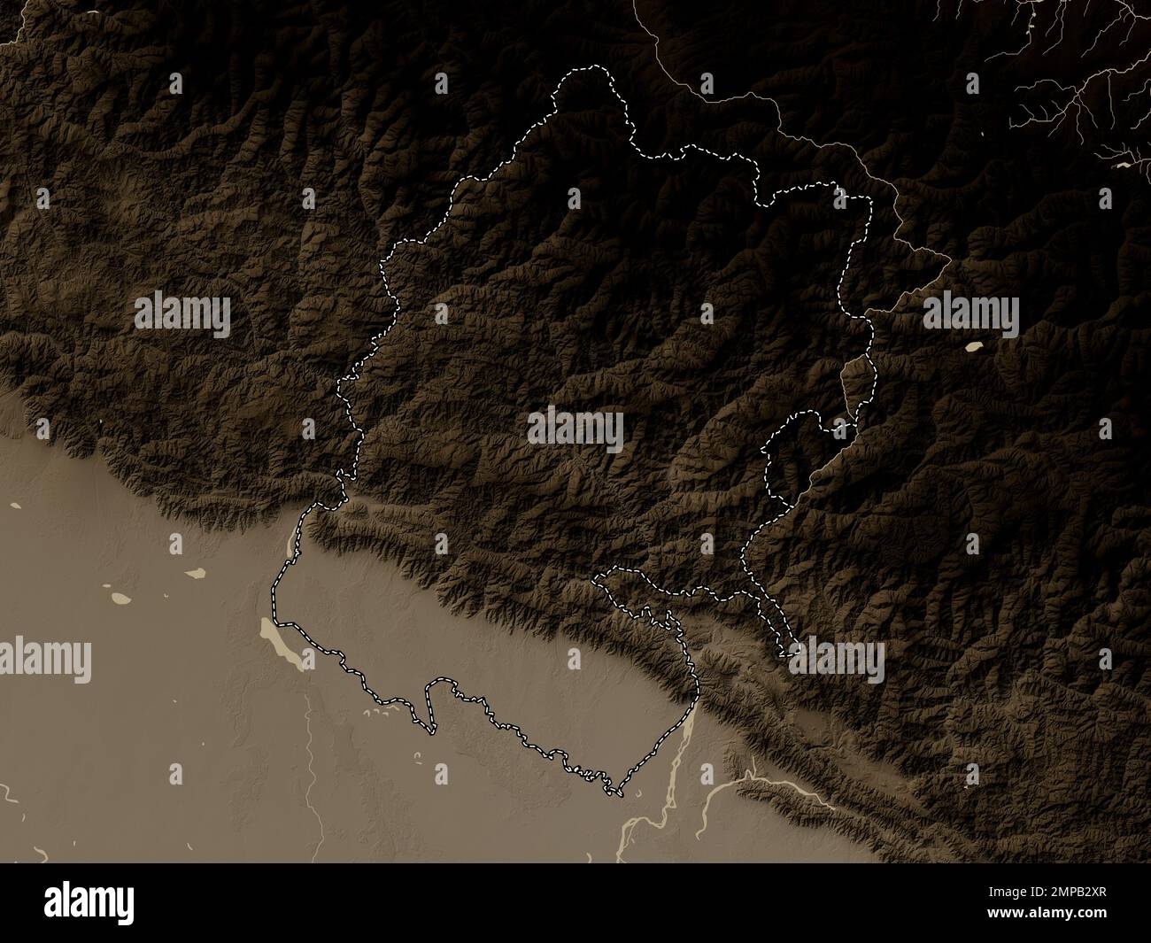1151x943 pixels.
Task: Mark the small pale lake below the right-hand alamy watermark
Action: [977, 348]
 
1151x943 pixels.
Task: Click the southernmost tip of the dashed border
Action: [614, 793]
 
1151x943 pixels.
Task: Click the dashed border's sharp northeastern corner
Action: [869, 198]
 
